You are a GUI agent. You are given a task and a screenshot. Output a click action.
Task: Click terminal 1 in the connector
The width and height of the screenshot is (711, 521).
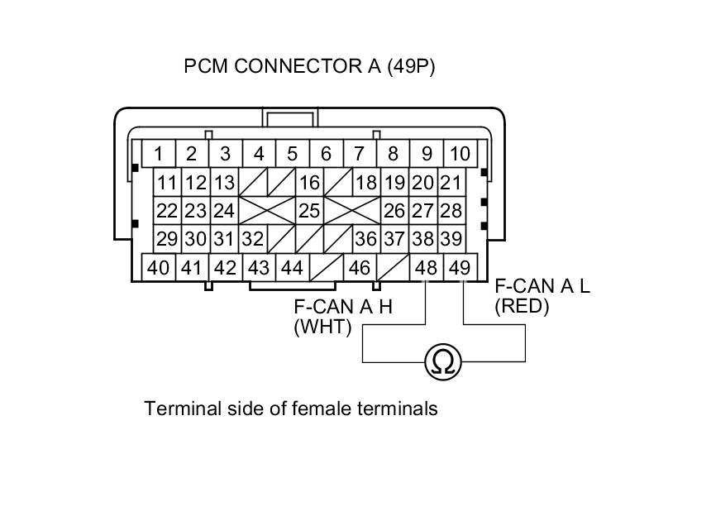tap(158, 154)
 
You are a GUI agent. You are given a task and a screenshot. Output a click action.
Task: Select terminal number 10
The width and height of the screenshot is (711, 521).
tap(460, 154)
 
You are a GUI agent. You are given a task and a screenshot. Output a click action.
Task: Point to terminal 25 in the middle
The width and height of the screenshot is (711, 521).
tap(309, 211)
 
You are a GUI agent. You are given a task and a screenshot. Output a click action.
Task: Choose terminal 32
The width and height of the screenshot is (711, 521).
tap(254, 239)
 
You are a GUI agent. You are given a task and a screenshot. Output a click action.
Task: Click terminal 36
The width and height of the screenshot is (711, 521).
tap(365, 239)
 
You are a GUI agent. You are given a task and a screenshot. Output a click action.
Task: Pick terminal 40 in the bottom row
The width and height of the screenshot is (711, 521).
tap(158, 268)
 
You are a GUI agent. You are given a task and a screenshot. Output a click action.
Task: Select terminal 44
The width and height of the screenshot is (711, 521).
tap(291, 268)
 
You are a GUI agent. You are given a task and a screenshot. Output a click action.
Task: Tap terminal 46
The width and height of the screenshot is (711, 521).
tap(360, 268)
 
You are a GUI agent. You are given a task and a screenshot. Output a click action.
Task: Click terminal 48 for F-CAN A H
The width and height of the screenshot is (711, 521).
tap(427, 268)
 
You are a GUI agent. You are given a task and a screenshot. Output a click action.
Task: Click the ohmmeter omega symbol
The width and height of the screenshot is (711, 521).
tap(443, 362)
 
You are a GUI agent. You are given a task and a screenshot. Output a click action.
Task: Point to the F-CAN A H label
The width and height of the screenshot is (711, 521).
tap(342, 307)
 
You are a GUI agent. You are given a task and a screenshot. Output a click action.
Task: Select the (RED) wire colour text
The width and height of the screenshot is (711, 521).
tap(522, 307)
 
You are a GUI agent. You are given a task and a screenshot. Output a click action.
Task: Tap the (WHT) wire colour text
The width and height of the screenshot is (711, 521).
tap(322, 327)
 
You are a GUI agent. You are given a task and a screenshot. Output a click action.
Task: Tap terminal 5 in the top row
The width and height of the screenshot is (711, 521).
tap(292, 154)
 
